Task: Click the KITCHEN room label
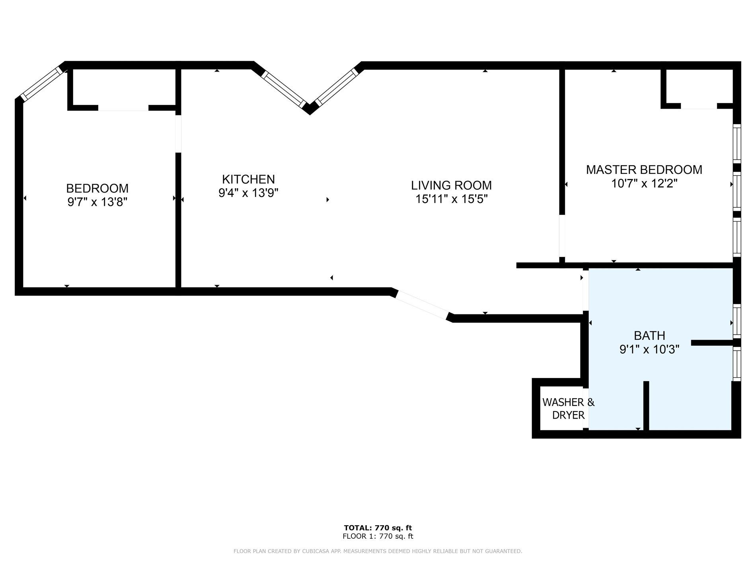tap(248, 179)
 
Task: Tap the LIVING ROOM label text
tap(451, 185)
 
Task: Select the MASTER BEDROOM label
tap(644, 170)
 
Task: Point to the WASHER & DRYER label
tap(568, 409)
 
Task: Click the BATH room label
tap(649, 336)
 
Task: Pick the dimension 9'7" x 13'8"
tap(97, 202)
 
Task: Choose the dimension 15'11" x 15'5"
tap(452, 199)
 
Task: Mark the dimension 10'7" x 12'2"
tap(644, 183)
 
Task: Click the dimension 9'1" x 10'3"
tap(649, 349)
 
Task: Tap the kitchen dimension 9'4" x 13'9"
tap(248, 193)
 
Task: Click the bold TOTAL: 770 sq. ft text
tap(378, 528)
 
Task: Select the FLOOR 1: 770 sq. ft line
tap(378, 536)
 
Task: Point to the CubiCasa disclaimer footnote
tap(378, 551)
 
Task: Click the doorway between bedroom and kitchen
tap(178, 133)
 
